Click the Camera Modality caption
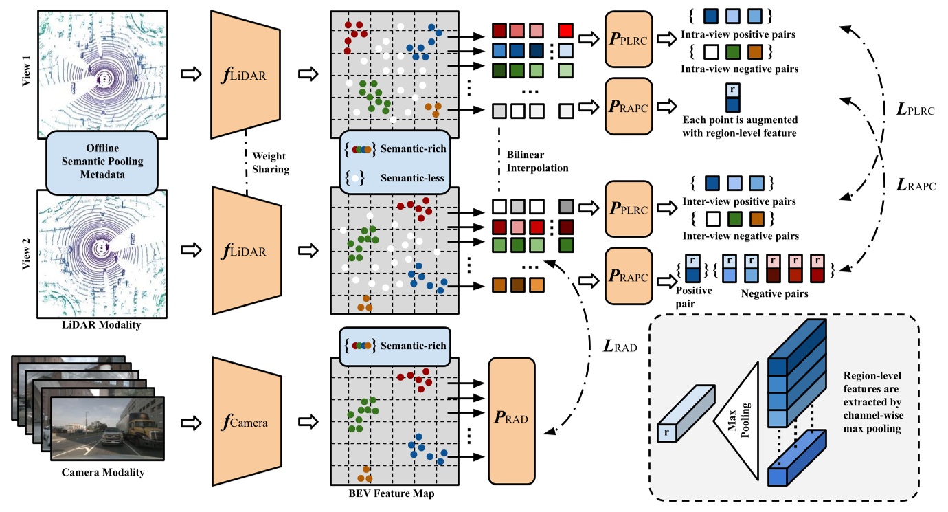coord(103,472)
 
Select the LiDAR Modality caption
coord(102,324)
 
